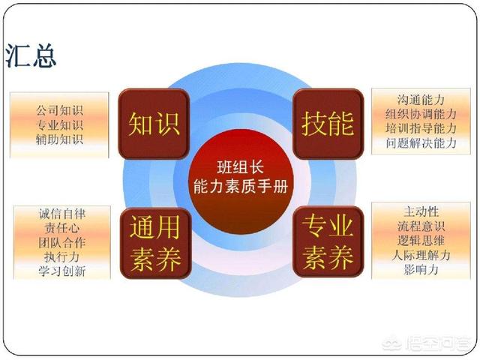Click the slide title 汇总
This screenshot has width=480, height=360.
[31, 55]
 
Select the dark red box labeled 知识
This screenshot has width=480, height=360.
[154, 124]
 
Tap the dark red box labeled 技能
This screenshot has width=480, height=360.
[328, 124]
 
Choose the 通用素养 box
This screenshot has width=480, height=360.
[155, 243]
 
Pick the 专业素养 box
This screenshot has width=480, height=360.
[328, 241]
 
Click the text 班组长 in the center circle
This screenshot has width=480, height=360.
[241, 167]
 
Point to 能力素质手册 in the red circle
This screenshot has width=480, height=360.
[241, 187]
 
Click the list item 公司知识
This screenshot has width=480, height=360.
[59, 110]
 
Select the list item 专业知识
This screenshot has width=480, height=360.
[59, 125]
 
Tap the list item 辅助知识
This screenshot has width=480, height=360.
[59, 139]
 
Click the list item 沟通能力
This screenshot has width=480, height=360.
[421, 100]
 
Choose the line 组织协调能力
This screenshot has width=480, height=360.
[421, 114]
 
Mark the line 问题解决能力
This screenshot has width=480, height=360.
[421, 143]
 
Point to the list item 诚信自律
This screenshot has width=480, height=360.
[62, 213]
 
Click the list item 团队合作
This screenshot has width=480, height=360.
[62, 242]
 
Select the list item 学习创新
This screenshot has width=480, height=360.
[62, 271]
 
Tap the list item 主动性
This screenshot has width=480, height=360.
[421, 211]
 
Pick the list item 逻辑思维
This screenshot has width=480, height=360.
[421, 241]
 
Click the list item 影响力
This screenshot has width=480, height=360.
[421, 270]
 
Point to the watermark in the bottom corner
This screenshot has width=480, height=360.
[426, 343]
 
